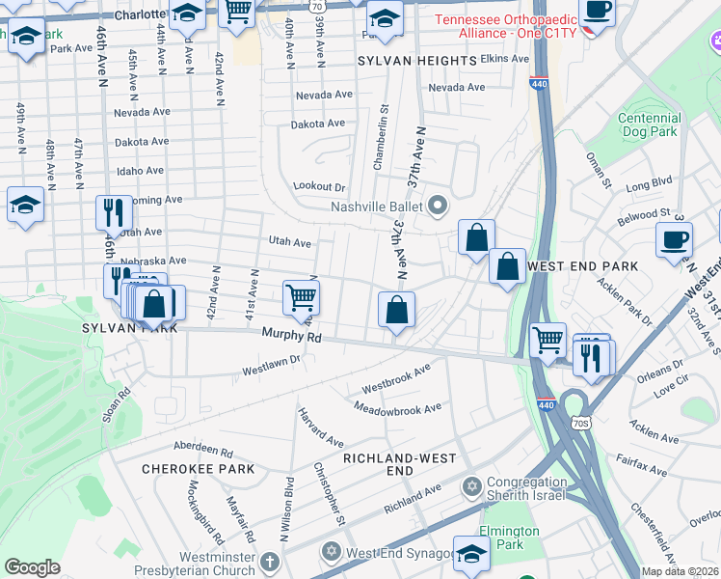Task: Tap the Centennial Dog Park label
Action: tap(649, 124)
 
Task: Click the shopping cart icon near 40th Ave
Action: tap(302, 298)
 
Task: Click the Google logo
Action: tap(32, 566)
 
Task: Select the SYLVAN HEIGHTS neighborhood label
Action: tap(416, 60)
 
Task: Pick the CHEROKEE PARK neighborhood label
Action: tap(198, 469)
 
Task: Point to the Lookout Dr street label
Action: tap(319, 186)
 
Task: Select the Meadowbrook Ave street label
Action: tap(397, 408)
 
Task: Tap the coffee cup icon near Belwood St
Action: tap(674, 239)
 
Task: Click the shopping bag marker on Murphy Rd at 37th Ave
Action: tap(396, 311)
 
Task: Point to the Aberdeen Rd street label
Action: tap(203, 450)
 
